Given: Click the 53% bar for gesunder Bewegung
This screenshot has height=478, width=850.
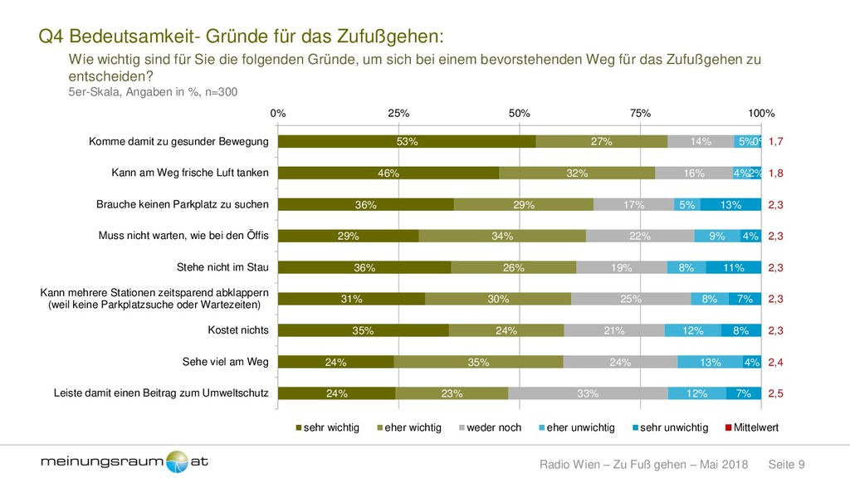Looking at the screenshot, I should coord(407,142).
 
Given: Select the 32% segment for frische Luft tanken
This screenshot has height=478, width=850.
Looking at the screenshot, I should coord(577,173).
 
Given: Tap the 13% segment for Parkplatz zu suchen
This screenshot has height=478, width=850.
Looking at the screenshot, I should coord(730,205).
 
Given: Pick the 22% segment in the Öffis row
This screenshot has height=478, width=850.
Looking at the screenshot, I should coord(640,237).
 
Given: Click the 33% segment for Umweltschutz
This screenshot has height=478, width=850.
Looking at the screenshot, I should coord(588,393).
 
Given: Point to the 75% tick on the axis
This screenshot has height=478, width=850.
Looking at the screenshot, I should coord(640,113).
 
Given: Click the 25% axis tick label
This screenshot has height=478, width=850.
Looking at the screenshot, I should coord(398,113).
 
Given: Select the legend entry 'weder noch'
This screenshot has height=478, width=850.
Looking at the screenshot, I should coord(491,427).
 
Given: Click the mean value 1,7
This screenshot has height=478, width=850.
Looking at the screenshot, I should coord(776,142).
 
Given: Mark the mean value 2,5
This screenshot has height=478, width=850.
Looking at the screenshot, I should coord(776,393).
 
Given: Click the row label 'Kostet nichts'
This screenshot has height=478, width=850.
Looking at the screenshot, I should coord(238,330).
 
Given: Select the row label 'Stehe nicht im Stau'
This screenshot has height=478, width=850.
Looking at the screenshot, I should coord(222,268).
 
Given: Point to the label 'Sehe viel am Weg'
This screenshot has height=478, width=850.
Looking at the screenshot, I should coord(225,362).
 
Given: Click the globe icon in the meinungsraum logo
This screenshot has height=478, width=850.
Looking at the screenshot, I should coord(177,461).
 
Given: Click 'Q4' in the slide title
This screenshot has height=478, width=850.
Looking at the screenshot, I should coord(52,37).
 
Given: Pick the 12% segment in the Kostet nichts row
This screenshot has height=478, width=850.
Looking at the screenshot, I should coord(692,330).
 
